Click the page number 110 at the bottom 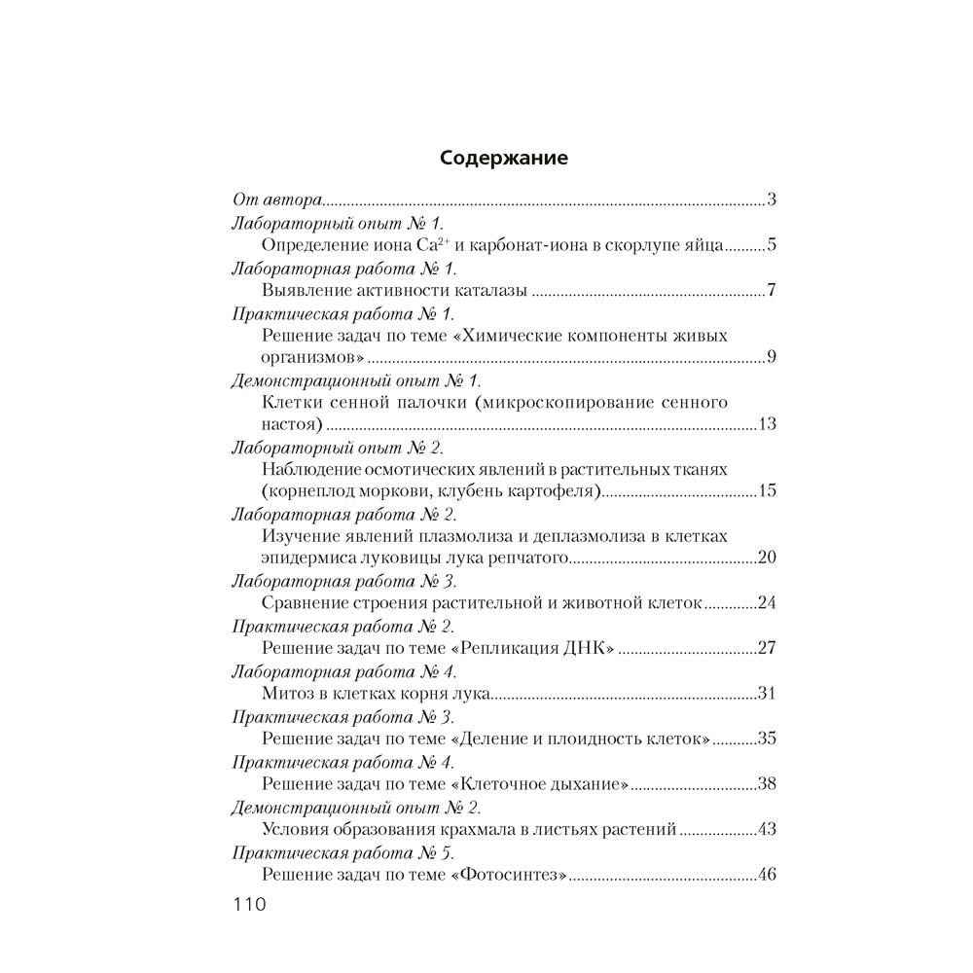click(x=249, y=905)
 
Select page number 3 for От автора click(x=771, y=200)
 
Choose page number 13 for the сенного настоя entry click(x=765, y=424)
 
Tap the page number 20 click(x=766, y=558)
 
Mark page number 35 click(x=766, y=738)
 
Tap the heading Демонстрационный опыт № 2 click(x=356, y=807)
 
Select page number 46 click(x=766, y=874)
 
